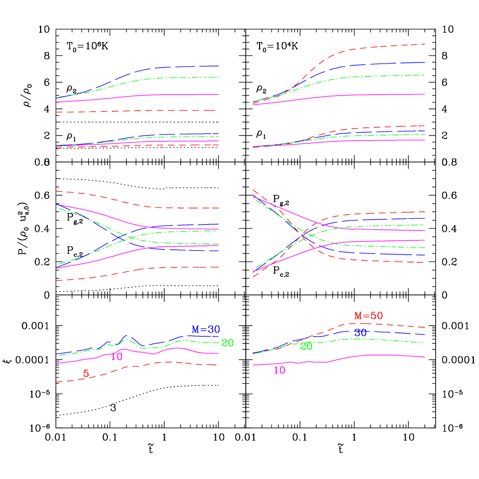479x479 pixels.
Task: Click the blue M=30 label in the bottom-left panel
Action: click(x=205, y=329)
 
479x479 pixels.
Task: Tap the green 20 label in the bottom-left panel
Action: click(x=227, y=343)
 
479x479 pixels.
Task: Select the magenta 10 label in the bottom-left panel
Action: click(x=116, y=357)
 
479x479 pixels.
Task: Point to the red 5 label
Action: click(x=86, y=373)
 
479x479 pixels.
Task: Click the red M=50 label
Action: click(x=369, y=316)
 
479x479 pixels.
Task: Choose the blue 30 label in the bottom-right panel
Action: click(x=360, y=333)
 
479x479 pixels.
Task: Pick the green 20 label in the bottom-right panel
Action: click(x=306, y=346)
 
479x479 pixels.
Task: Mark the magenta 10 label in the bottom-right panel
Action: click(x=279, y=371)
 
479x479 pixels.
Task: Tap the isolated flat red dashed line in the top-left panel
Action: click(x=156, y=110)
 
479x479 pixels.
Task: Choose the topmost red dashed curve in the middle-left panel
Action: click(x=156, y=207)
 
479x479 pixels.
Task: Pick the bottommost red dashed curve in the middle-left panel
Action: click(x=156, y=267)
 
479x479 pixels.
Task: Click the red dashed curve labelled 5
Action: click(x=156, y=363)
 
